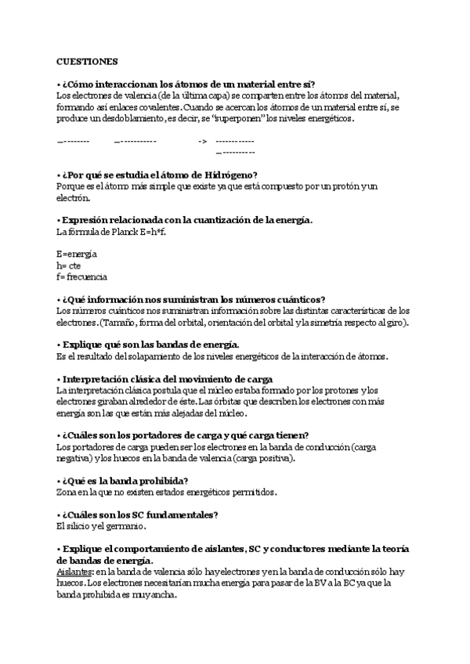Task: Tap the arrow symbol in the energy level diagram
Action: (202, 141)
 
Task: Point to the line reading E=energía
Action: (77, 254)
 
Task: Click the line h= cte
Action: (69, 265)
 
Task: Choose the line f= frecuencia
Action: (82, 276)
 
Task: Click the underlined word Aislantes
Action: (74, 572)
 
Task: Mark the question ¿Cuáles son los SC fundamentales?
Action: (138, 515)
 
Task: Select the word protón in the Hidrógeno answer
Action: (342, 186)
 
